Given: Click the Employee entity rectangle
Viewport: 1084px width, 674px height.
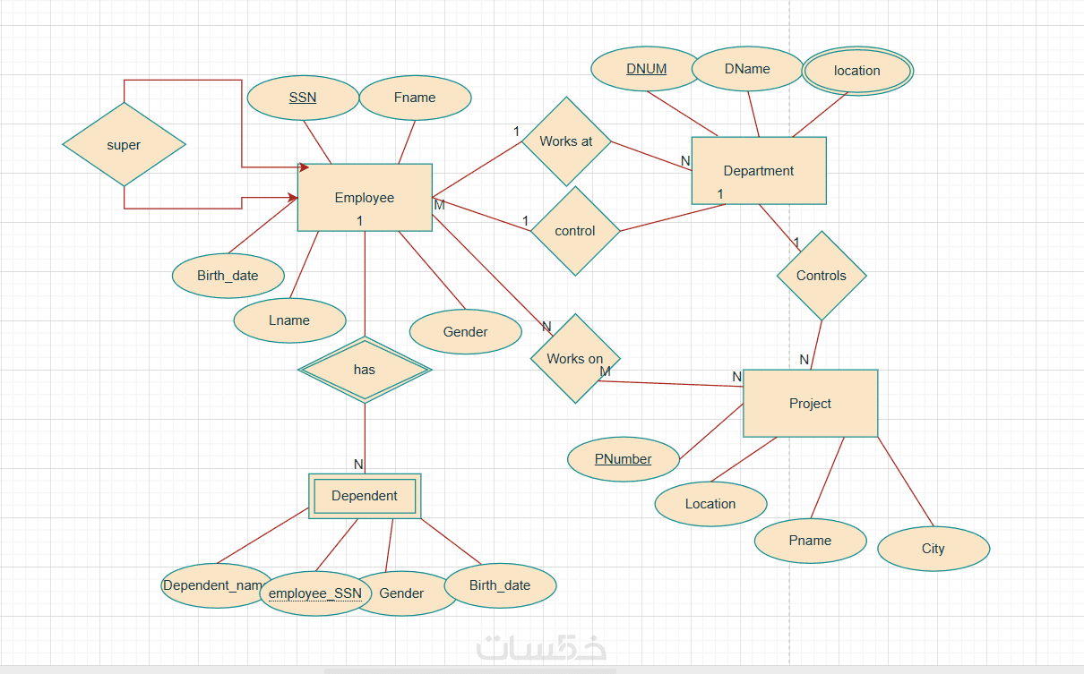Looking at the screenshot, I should pyautogui.click(x=365, y=198).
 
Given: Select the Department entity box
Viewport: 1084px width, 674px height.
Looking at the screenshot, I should pyautogui.click(x=759, y=171).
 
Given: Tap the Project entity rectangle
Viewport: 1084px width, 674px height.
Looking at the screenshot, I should pyautogui.click(x=810, y=404).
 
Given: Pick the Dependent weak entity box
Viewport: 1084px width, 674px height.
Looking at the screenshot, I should pyautogui.click(x=365, y=496).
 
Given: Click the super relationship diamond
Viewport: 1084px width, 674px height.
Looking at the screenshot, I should pyautogui.click(x=124, y=145).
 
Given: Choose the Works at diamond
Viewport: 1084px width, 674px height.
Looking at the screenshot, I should pyautogui.click(x=566, y=141).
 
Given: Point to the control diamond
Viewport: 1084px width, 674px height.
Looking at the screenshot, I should pyautogui.click(x=575, y=231).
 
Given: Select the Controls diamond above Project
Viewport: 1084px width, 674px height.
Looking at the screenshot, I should pyautogui.click(x=821, y=276).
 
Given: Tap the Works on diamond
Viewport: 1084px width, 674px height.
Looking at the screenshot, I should pyautogui.click(x=575, y=358).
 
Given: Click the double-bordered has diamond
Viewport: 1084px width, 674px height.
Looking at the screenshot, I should pyautogui.click(x=365, y=370).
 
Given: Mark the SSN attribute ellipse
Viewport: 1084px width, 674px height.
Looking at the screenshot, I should pyautogui.click(x=303, y=98).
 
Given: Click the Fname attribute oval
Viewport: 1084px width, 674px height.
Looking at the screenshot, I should pyautogui.click(x=415, y=98).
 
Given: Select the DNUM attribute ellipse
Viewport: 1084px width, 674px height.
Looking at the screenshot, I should pyautogui.click(x=646, y=69).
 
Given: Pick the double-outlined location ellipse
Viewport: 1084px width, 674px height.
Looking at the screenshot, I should pyautogui.click(x=857, y=71).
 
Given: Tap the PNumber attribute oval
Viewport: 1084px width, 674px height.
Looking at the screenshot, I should pyautogui.click(x=624, y=459).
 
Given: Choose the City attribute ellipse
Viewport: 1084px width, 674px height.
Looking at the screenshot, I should pyautogui.click(x=933, y=549).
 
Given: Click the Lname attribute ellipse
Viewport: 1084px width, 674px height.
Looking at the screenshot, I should pyautogui.click(x=289, y=320).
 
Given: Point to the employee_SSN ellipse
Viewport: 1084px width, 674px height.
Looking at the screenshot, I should pyautogui.click(x=315, y=593).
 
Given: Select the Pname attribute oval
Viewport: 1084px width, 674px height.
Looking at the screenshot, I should pyautogui.click(x=810, y=541).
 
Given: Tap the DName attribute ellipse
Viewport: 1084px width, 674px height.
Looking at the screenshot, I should pyautogui.click(x=747, y=69).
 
